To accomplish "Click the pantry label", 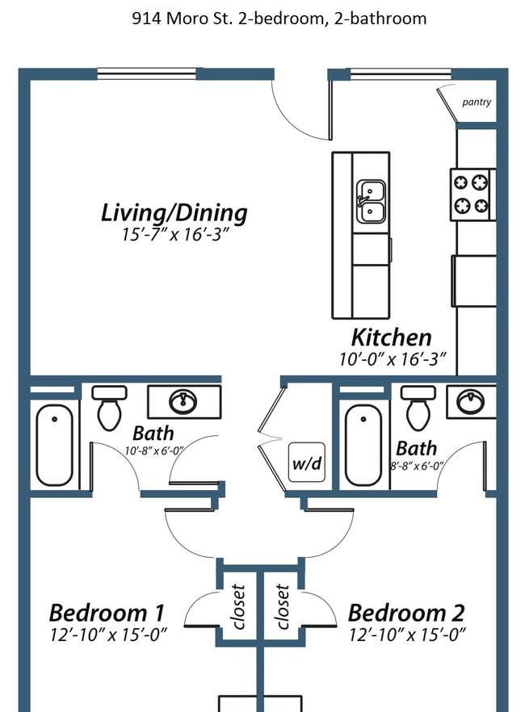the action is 477,103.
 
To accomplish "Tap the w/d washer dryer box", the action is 307,463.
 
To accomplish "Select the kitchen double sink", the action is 371,202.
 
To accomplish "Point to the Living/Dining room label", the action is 174,212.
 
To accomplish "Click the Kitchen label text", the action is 392,337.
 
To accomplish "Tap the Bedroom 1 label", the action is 107,613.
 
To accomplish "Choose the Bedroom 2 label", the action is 406,613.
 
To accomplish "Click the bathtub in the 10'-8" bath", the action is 54,445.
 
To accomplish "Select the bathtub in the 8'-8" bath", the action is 363,445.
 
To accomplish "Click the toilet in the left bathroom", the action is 110,408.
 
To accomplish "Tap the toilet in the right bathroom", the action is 418,408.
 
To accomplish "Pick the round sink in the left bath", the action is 183,401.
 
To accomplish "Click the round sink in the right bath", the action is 470,401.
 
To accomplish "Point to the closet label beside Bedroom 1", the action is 238,607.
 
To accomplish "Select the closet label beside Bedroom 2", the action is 282,607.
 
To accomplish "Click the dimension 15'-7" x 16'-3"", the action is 174,235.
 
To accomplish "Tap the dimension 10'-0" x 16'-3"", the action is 393,359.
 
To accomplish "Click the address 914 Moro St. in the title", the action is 182,19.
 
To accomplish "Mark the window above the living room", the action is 147,73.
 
